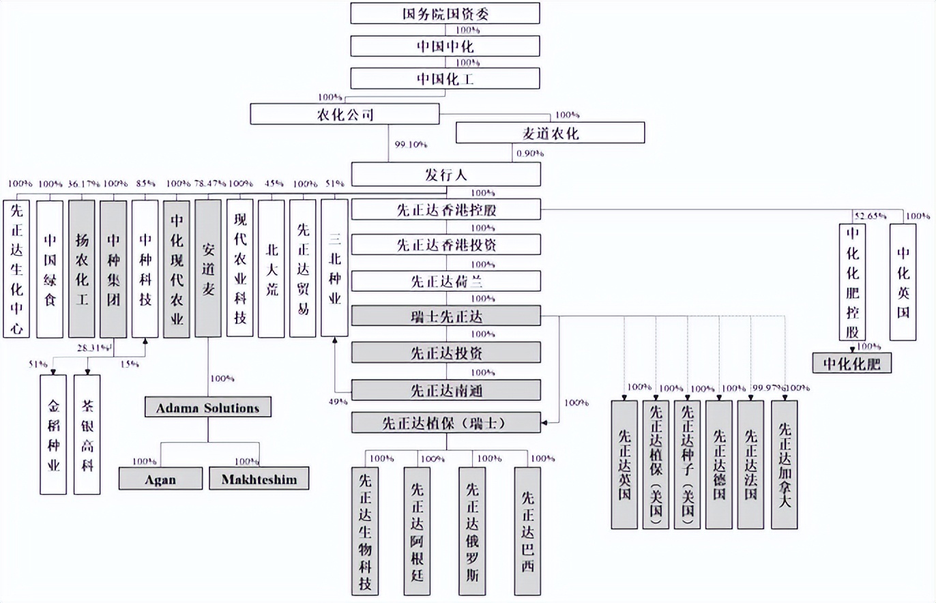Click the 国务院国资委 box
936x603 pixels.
coord(445,13)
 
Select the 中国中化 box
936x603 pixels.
coord(445,46)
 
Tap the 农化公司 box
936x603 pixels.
coord(345,114)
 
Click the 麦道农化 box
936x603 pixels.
coord(550,133)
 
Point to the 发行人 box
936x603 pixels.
coord(445,175)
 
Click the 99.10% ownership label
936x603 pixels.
coord(411,145)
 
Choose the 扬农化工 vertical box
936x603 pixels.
coord(81,268)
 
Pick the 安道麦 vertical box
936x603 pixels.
coord(208,268)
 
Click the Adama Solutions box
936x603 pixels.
coord(208,408)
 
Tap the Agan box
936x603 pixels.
coord(160,479)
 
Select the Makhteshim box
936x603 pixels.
coord(259,479)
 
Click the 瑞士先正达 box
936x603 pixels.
coord(446,316)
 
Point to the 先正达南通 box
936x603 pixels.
coord(446,390)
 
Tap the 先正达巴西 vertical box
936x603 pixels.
coord(527,530)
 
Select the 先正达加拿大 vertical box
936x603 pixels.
coord(784,465)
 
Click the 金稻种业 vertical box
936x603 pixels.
coord(54,434)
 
